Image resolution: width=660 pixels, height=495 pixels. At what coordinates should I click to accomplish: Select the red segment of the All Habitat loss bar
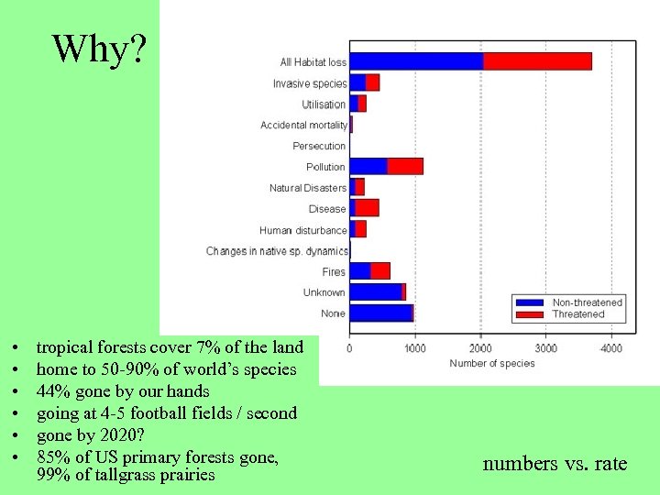coord(537,61)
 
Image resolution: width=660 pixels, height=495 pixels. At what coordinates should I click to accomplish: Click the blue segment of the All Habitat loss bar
coord(416,61)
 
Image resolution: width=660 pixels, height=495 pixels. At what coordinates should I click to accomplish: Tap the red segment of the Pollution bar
coord(405,166)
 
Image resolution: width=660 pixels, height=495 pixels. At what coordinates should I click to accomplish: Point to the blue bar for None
coord(380,313)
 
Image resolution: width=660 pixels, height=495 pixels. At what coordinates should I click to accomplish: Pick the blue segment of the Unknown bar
coord(375,291)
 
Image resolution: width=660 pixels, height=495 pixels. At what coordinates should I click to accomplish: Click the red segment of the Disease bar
coord(368,208)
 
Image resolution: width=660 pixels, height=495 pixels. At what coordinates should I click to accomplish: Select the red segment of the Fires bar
coord(380,271)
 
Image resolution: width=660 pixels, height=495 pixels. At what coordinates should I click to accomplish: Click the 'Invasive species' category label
coord(309,83)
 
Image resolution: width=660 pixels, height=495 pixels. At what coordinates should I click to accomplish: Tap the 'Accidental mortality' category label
coord(303,126)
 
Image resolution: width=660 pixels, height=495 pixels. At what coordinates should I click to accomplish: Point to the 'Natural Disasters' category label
coord(307,188)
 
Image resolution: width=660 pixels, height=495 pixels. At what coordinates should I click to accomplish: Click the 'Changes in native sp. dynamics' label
coord(277,251)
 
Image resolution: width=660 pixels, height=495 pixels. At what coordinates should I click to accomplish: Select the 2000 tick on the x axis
coord(480,348)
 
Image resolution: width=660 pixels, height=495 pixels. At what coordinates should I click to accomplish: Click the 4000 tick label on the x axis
coord(611,348)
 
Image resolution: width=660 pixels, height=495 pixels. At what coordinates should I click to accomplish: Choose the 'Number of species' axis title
coord(492,364)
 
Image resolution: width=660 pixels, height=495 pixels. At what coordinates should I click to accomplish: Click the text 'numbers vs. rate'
coord(555,464)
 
